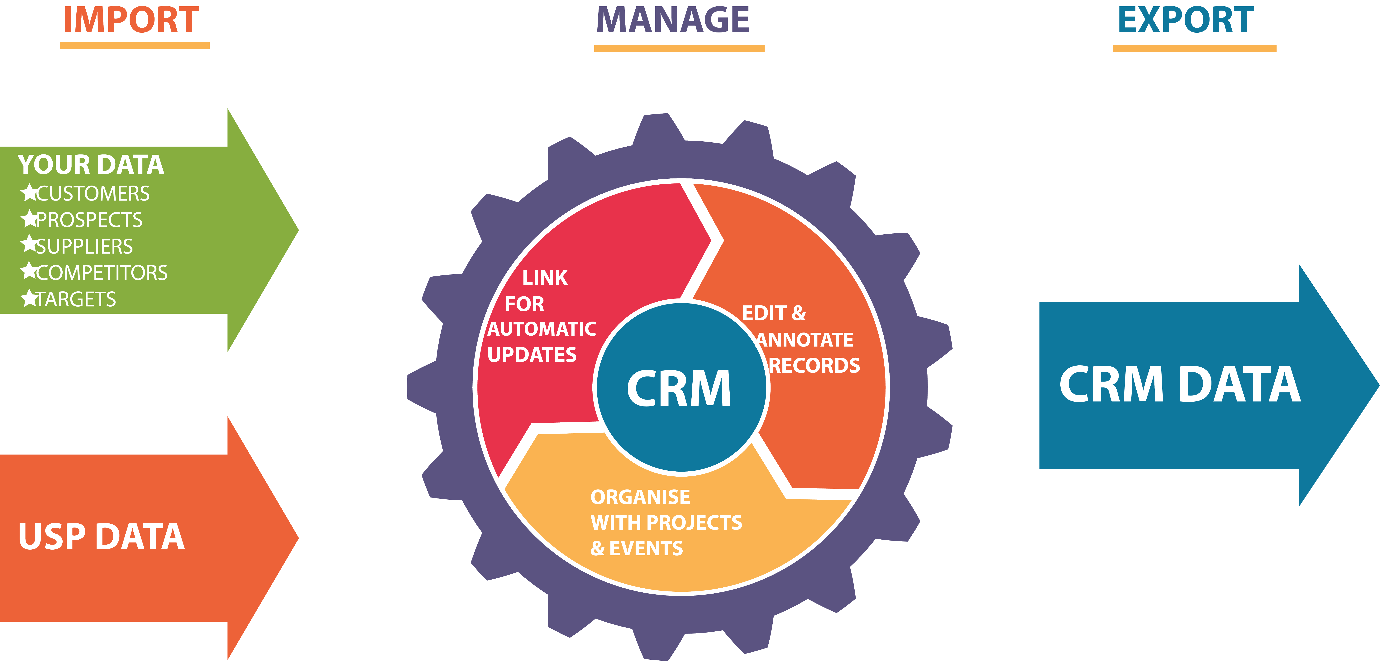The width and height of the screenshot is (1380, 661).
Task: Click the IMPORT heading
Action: [x=131, y=20]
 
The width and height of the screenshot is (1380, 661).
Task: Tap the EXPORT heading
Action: [x=1186, y=20]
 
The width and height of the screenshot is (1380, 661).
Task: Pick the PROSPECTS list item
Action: [x=89, y=220]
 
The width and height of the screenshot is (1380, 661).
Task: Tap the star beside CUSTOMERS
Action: [x=29, y=192]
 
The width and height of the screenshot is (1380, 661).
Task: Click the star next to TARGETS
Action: [x=29, y=298]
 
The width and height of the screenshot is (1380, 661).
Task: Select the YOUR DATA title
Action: [x=91, y=165]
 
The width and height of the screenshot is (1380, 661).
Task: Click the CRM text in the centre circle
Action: [x=679, y=389]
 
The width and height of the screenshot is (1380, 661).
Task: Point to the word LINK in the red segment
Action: [x=545, y=278]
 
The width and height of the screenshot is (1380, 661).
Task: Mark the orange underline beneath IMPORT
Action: [x=134, y=46]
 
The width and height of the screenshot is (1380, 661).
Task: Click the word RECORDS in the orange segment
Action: [x=814, y=366]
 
